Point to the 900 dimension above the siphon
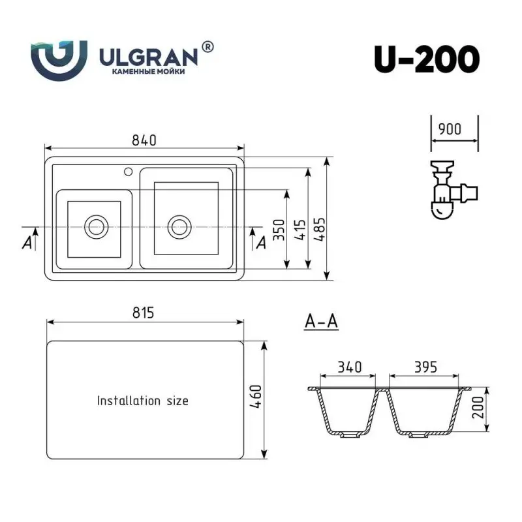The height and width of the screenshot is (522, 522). pyautogui.click(x=454, y=129)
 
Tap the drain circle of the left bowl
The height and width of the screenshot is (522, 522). pyautogui.click(x=96, y=227)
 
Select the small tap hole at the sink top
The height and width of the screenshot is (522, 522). pyautogui.click(x=128, y=173)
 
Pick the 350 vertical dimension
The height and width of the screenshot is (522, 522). pyautogui.click(x=279, y=229)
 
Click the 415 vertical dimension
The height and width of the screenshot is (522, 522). pyautogui.click(x=300, y=229)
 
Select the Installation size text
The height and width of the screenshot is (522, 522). pyautogui.click(x=143, y=400)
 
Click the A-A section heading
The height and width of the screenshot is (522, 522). pyautogui.click(x=321, y=322)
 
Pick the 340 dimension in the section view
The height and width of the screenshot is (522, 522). pyautogui.click(x=349, y=367)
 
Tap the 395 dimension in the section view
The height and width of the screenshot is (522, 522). pyautogui.click(x=424, y=367)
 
